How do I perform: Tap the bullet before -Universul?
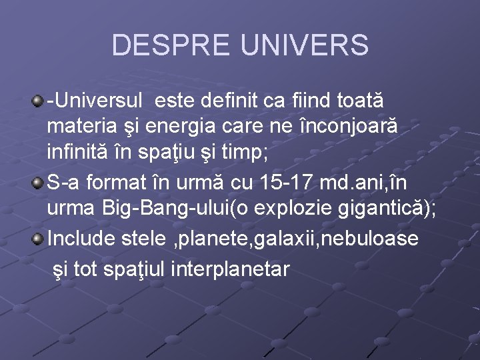(38, 101)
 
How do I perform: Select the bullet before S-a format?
(38, 183)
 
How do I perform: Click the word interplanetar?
(231, 269)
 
